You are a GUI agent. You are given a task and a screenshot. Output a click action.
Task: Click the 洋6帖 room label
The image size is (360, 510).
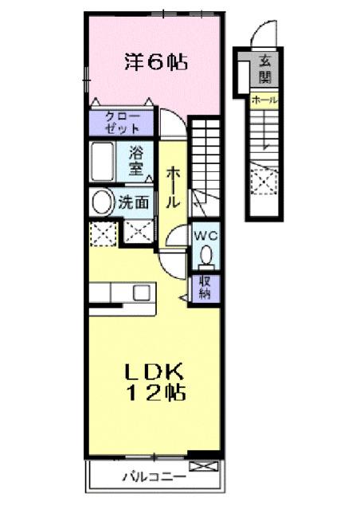(x=155, y=61)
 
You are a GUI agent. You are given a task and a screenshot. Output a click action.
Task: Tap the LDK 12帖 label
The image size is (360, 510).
(x=155, y=382)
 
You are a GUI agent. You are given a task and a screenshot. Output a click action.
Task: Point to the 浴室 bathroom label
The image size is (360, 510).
(x=136, y=163)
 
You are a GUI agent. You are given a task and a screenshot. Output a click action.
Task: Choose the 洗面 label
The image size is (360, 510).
(x=135, y=203)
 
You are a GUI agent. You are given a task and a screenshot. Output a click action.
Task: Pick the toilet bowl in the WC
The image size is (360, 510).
(x=205, y=255)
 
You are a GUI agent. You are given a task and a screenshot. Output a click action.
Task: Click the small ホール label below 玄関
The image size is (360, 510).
(x=264, y=100)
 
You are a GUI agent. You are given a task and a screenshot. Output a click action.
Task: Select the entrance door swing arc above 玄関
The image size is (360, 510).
(x=263, y=36)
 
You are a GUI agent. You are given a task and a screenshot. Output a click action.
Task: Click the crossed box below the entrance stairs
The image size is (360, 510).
(x=264, y=180)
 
